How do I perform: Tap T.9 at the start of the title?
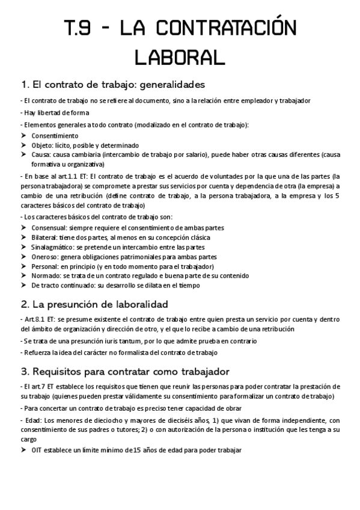coord(81,28)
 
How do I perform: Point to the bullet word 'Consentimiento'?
coord(55,136)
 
